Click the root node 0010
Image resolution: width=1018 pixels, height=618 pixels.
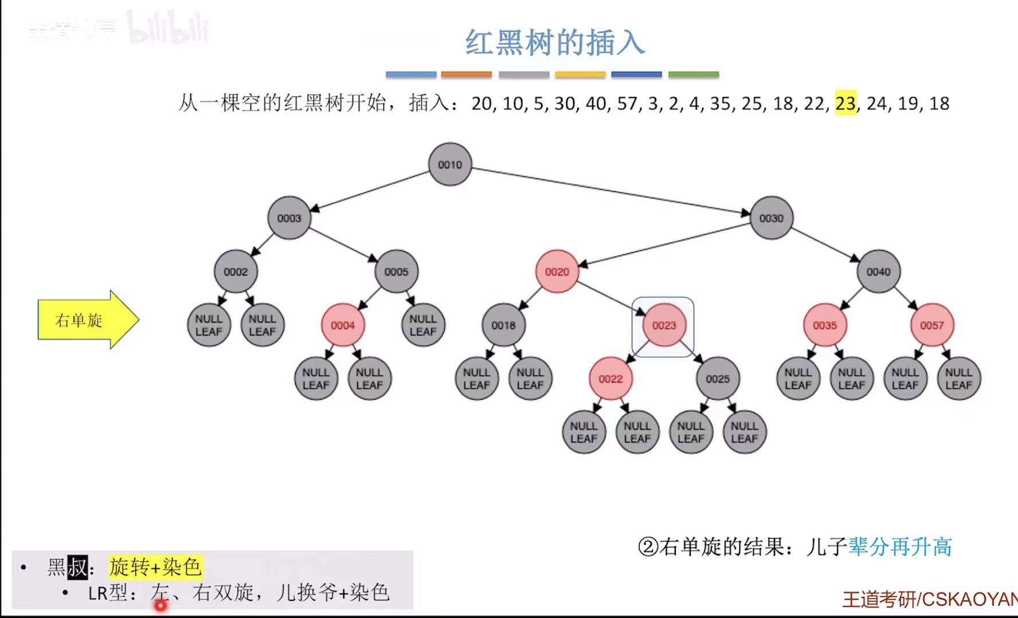tap(450, 164)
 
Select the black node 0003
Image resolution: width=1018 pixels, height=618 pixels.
tap(289, 218)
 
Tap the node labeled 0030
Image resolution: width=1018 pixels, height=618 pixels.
tap(771, 218)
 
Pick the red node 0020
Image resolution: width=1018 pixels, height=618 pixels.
tap(557, 271)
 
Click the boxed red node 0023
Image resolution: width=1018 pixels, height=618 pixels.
tap(664, 325)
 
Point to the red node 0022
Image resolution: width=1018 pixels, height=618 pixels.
tap(610, 379)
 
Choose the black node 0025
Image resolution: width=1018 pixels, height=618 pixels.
tap(718, 379)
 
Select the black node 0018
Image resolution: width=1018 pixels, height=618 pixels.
tap(503, 325)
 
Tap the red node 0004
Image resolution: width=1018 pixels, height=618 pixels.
tap(343, 325)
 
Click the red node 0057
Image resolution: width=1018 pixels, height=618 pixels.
tap(932, 325)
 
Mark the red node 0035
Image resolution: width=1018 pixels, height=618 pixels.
tap(825, 325)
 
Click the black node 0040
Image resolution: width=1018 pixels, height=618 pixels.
tap(878, 271)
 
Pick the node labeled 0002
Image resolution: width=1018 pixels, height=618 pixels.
tap(236, 271)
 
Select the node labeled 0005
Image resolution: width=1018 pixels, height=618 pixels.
tap(396, 271)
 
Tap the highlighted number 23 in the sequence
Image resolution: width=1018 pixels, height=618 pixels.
tap(845, 104)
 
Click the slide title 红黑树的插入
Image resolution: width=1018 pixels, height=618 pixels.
tap(554, 43)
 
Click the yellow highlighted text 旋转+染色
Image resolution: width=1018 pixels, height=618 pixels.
tap(155, 567)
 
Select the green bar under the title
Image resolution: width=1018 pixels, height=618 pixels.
tap(694, 74)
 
